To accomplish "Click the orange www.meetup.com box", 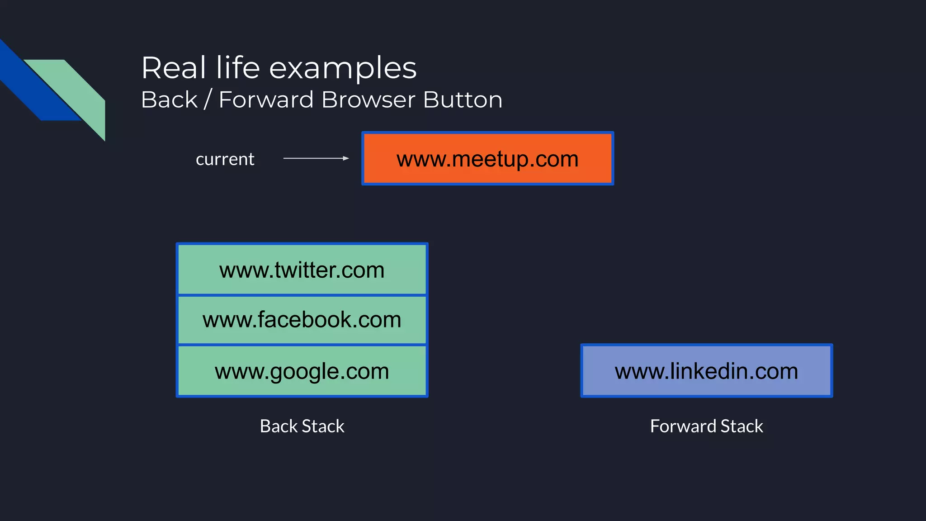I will pos(487,159).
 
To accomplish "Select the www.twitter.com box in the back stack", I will pos(302,270).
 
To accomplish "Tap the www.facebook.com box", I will pos(302,320).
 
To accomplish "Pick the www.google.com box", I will pos(302,371).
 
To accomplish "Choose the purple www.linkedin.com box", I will pos(706,371).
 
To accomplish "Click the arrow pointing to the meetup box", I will pos(316,158).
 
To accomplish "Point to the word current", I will pos(225,159).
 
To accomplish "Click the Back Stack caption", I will pos(302,426).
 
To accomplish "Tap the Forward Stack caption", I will pos(706,426).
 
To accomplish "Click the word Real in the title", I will pos(174,68).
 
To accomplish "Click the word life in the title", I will pos(238,68).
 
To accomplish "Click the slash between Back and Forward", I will pos(208,99).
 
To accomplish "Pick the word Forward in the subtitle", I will pos(266,99).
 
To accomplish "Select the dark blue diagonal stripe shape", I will pos(32,86).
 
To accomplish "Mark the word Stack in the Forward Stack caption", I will pos(742,426).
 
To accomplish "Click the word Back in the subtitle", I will pos(170,99).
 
